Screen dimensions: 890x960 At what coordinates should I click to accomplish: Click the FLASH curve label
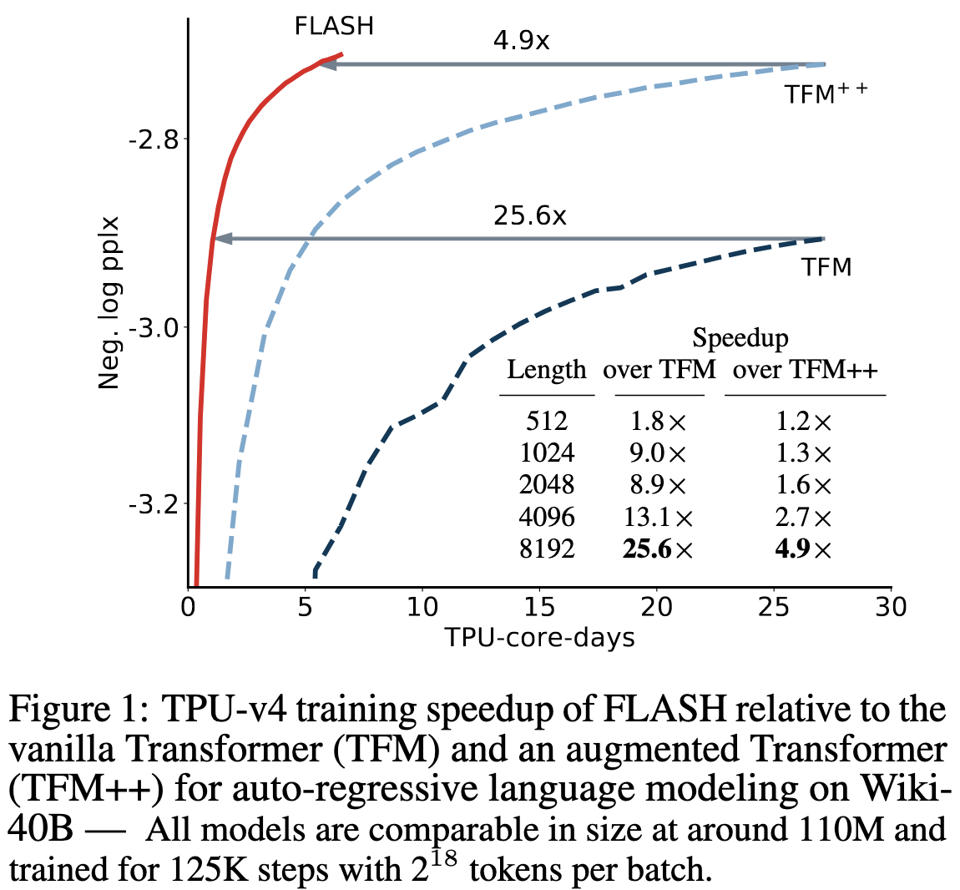coord(334,27)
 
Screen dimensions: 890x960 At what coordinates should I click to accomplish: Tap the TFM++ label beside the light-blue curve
coord(826,94)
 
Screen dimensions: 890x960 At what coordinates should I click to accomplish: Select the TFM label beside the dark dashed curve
coord(826,267)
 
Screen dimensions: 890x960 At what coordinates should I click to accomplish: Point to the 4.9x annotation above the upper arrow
coord(521,41)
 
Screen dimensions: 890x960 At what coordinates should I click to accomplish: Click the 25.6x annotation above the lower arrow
coord(529,216)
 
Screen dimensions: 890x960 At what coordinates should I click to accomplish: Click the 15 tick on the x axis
coord(540,607)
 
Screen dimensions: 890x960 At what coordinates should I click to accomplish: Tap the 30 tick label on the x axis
coord(891,607)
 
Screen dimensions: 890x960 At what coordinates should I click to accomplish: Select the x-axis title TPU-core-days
coord(539,639)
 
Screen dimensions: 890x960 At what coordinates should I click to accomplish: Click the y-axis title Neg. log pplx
coord(109,303)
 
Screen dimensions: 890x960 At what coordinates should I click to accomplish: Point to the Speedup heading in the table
coord(740,338)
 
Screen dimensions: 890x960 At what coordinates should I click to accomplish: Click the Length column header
coord(547,370)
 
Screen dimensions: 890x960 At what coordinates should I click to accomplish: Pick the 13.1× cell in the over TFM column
coord(659,518)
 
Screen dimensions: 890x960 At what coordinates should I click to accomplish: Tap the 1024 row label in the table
coord(547,453)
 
